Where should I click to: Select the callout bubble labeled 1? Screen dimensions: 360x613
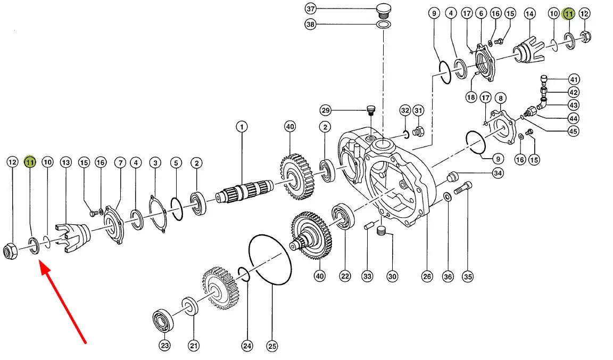point(242,127)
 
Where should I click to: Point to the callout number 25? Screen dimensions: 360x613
point(272,347)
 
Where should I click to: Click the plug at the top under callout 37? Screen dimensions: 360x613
point(382,10)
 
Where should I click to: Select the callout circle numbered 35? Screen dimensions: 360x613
point(468,276)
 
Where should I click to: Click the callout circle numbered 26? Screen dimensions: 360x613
point(427,276)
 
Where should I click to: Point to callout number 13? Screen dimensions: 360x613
point(65,162)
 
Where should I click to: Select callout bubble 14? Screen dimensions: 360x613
point(529,13)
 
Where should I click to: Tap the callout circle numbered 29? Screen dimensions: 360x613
point(326,110)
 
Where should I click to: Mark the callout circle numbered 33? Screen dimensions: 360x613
point(367,276)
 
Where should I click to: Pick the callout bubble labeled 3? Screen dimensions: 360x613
point(155,162)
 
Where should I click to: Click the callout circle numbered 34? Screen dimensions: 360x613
point(498,173)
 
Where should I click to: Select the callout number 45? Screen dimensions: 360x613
point(574,131)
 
